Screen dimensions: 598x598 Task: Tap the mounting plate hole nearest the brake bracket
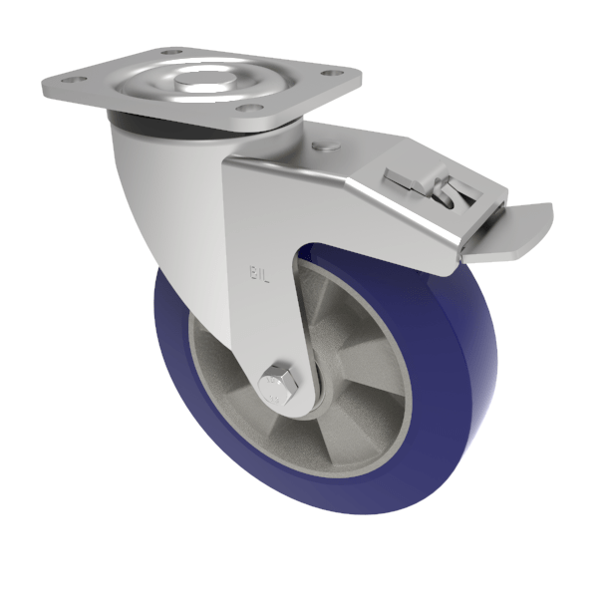click(251, 108)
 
